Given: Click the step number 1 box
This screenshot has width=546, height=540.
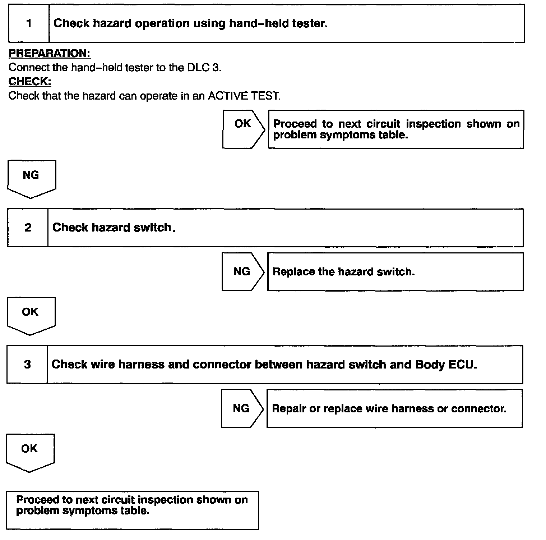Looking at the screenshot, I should (x=29, y=24).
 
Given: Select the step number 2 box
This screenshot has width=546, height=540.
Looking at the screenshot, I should (x=28, y=228).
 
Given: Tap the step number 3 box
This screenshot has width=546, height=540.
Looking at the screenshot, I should (x=27, y=365).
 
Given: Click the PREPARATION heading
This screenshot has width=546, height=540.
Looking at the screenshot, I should (x=50, y=54).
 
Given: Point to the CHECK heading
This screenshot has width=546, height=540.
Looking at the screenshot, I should (x=30, y=82).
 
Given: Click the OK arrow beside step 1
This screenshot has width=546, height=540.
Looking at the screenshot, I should (x=243, y=129).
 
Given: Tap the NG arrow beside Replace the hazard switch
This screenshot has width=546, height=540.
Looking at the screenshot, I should (x=242, y=271).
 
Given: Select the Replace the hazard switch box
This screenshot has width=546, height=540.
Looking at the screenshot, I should (x=395, y=271).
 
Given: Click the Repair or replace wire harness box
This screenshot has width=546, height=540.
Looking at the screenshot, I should (x=394, y=408).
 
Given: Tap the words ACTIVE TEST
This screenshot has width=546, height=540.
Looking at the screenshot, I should (x=244, y=96).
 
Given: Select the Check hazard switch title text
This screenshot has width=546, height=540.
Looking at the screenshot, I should (x=112, y=228).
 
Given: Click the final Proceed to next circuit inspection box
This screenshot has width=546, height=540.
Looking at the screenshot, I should (x=132, y=510).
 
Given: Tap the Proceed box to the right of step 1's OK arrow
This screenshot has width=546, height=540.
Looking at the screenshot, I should (x=396, y=129).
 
